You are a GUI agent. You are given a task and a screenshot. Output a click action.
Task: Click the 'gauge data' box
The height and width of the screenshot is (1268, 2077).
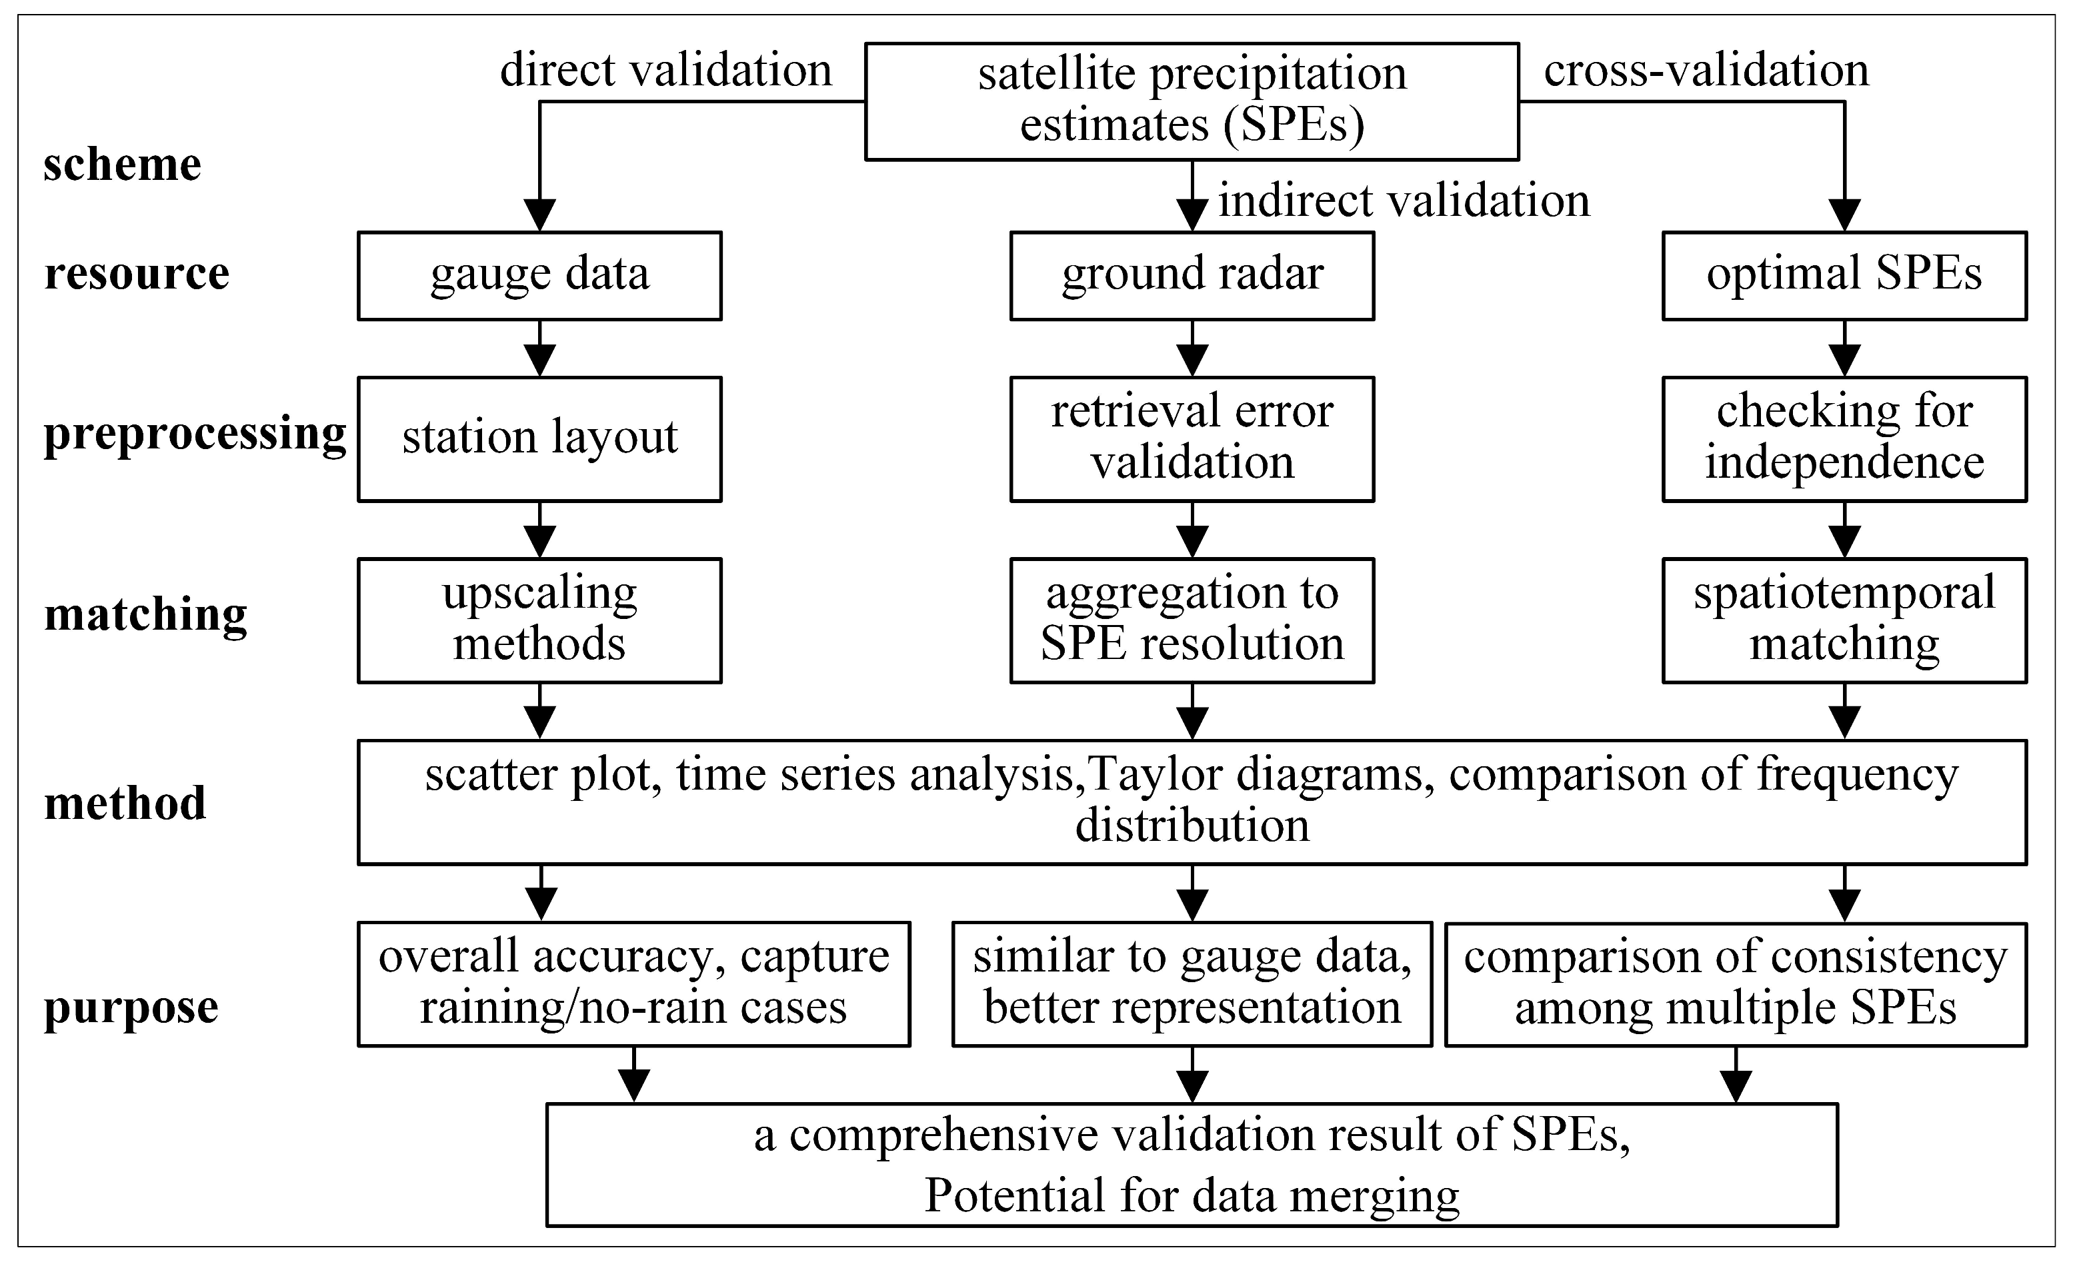(539, 275)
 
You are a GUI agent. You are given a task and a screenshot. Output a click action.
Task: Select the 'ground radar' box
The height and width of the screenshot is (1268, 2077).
(1192, 275)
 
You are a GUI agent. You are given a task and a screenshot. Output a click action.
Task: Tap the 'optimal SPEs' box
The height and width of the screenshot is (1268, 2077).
(1844, 275)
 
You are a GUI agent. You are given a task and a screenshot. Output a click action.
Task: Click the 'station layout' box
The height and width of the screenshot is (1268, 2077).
(539, 439)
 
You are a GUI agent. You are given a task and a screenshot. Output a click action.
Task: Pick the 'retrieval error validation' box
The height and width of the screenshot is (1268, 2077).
(1192, 439)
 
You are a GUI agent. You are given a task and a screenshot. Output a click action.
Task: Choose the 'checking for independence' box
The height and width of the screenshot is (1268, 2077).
(1844, 439)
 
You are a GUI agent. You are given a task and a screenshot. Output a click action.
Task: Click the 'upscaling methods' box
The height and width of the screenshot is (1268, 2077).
(539, 620)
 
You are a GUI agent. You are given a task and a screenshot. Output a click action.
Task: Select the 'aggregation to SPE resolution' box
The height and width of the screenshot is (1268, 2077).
(1192, 620)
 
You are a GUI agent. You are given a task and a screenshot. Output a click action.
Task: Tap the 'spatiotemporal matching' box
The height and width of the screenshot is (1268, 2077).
(1844, 620)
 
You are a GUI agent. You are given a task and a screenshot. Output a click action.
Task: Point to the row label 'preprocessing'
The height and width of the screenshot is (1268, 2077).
(195, 434)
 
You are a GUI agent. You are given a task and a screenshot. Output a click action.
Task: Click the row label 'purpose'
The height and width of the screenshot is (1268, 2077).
(131, 1006)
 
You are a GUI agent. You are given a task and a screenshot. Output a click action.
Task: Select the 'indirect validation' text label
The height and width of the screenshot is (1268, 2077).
(1404, 201)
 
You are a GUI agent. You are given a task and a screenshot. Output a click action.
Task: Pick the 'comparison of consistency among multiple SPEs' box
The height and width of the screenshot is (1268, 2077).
(1736, 983)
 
